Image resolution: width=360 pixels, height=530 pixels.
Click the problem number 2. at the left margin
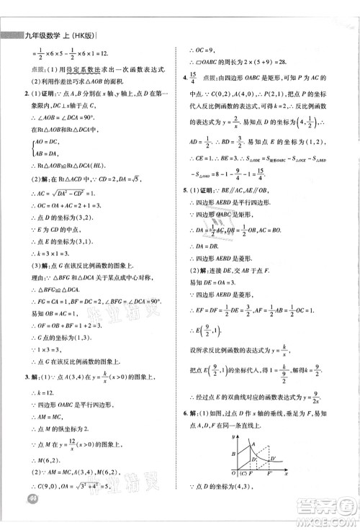pyautogui.click(x=27, y=93)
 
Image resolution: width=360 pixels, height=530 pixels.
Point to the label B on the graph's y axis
pyautogui.click(x=233, y=453)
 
